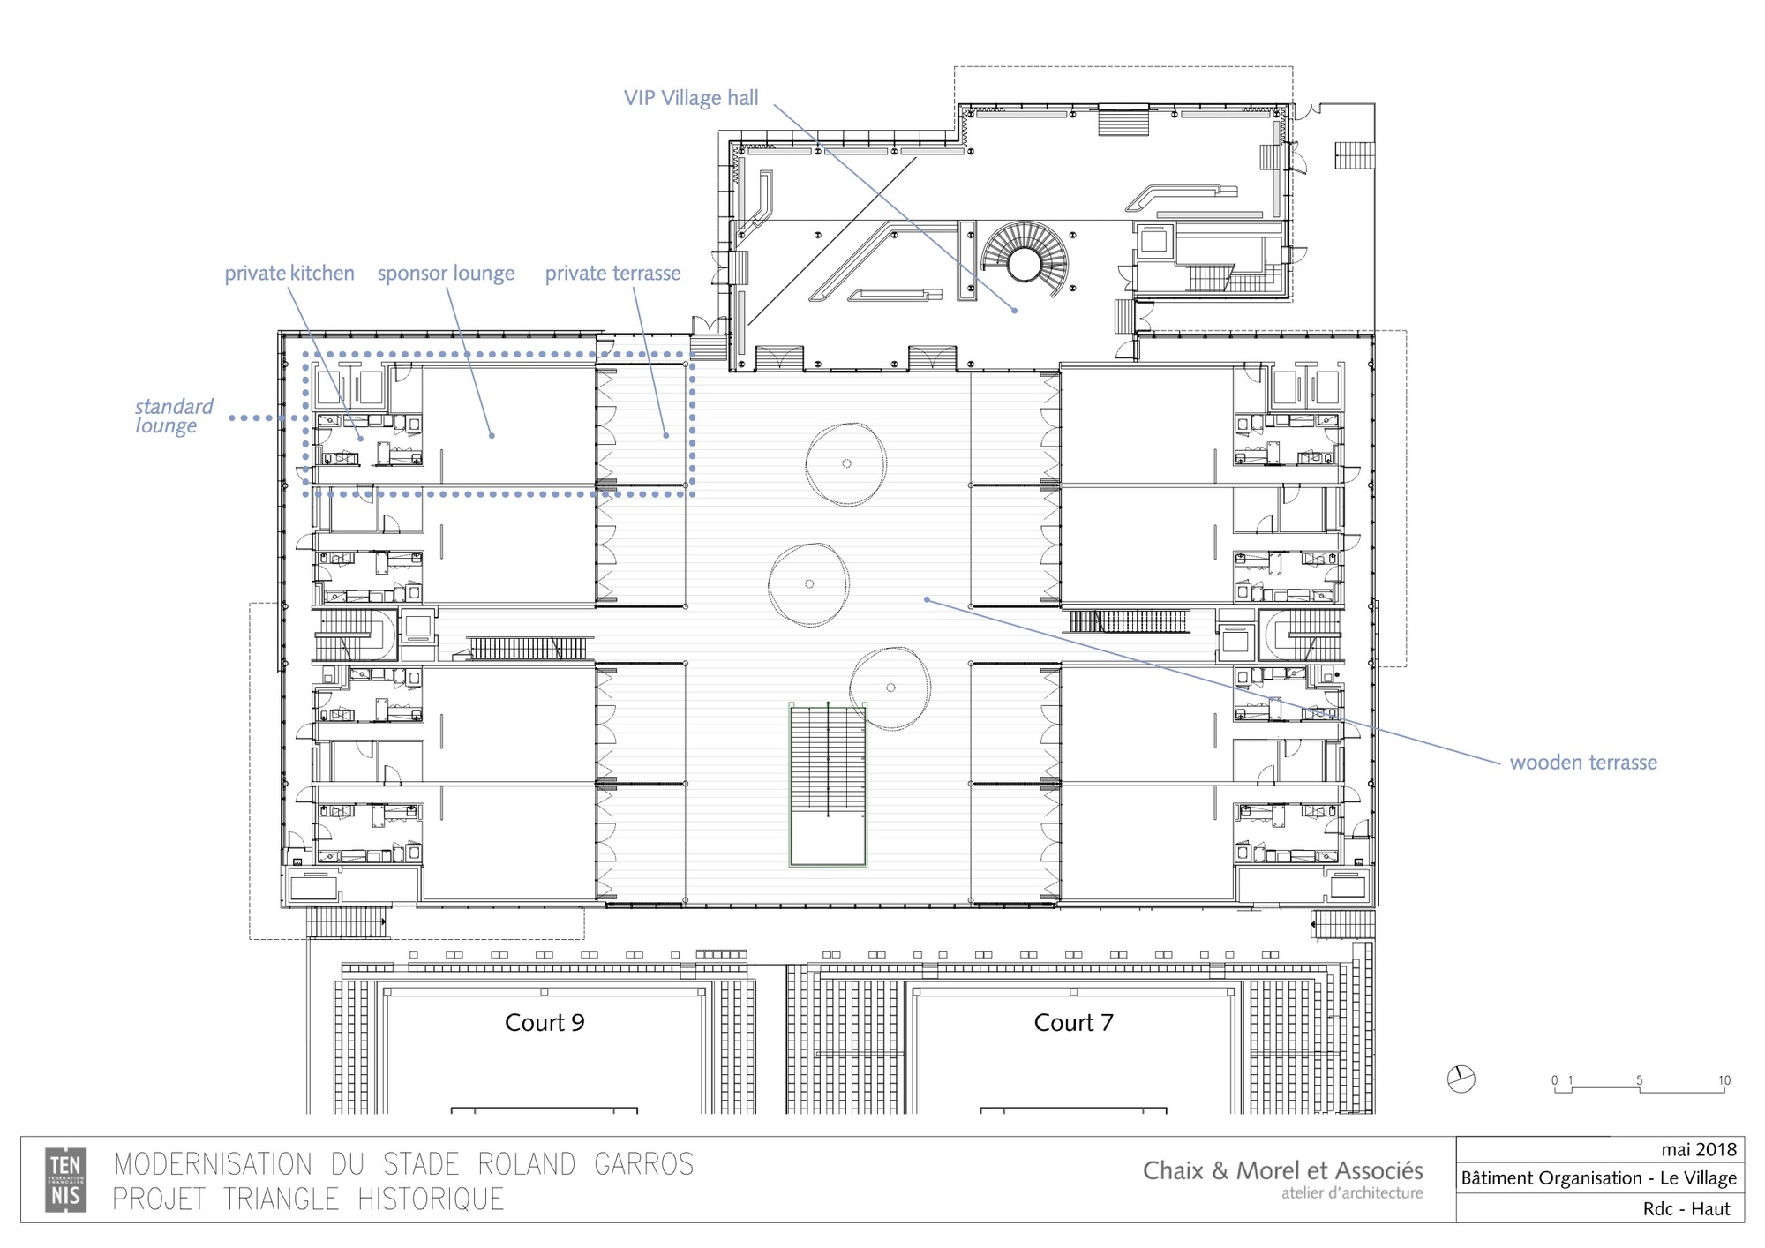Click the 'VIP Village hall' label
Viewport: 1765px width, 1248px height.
point(691,98)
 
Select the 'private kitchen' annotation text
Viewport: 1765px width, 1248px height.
point(289,274)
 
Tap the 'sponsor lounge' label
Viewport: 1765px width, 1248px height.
point(446,274)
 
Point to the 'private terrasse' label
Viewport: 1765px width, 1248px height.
point(612,274)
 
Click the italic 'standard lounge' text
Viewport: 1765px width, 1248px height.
point(174,416)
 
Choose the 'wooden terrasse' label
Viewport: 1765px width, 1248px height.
point(1583,763)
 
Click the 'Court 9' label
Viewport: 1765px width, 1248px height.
point(545,1022)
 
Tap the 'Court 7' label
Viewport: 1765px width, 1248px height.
point(1073,1022)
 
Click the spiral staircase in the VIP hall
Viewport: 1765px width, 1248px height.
point(1025,261)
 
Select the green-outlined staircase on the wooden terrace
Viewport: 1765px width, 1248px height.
point(828,784)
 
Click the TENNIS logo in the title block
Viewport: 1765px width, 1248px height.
point(66,1179)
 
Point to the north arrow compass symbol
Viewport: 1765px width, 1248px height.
point(1461,1079)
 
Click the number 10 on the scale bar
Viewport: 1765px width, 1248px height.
point(1724,1080)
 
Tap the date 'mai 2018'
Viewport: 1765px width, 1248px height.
point(1698,1149)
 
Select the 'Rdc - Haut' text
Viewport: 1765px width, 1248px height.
point(1686,1208)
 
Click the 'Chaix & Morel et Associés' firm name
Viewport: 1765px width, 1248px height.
point(1282,1170)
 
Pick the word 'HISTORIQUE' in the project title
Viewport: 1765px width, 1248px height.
point(431,1199)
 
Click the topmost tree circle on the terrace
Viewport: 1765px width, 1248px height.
point(845,464)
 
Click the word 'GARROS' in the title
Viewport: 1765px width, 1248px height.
point(643,1164)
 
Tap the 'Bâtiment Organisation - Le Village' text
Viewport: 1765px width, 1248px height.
point(1598,1178)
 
